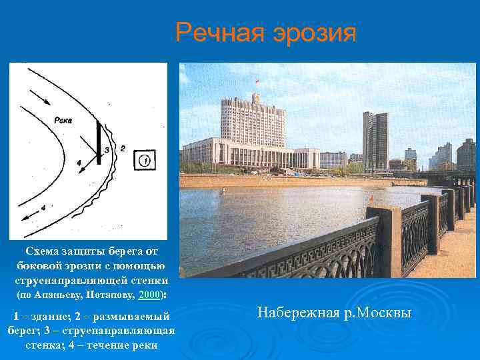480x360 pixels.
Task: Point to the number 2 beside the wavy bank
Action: pyautogui.click(x=122, y=148)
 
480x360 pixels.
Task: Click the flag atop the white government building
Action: pyautogui.click(x=255, y=81)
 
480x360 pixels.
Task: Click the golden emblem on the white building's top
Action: pyautogui.click(x=254, y=97)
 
